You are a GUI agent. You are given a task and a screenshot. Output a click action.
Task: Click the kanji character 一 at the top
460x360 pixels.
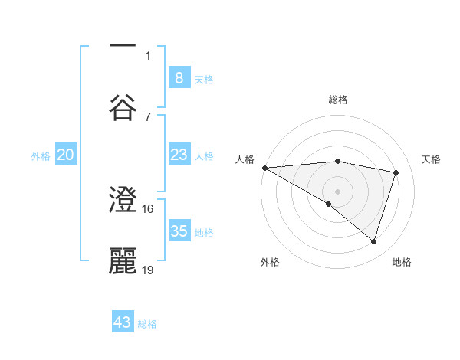[x=123, y=46]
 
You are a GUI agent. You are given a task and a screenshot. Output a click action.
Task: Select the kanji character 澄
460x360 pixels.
[x=123, y=202]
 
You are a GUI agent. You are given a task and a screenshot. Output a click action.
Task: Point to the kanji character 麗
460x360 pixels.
[x=123, y=261]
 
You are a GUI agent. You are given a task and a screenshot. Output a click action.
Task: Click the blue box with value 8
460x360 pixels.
[x=179, y=77]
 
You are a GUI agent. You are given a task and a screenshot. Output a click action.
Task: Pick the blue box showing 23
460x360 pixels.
[x=179, y=155]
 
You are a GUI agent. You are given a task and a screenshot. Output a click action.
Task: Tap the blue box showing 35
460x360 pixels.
[x=179, y=231]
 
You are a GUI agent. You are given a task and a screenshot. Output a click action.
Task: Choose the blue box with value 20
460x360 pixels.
[x=66, y=155]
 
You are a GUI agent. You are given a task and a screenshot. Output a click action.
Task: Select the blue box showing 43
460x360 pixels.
[x=123, y=322]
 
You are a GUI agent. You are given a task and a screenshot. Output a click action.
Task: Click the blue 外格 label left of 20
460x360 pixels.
[x=41, y=156]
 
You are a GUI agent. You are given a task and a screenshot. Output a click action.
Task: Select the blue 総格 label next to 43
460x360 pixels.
[x=147, y=324]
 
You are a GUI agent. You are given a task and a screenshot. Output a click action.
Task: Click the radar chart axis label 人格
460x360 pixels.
[x=245, y=159]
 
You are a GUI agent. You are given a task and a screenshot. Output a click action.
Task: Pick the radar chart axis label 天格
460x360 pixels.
[x=432, y=159]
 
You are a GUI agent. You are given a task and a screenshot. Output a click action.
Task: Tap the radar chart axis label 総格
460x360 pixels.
[x=337, y=100]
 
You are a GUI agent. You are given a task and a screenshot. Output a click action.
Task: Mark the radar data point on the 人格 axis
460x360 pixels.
[x=264, y=168]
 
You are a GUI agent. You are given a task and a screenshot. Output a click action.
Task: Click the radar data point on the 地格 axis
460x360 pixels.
[x=373, y=242]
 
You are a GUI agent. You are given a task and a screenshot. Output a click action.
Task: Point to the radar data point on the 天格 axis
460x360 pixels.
[x=396, y=172]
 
